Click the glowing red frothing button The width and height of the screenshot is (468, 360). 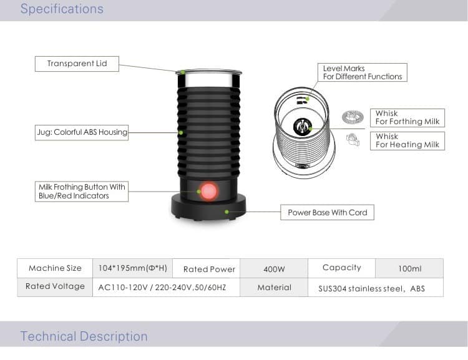click(208, 192)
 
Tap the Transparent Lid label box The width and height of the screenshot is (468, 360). click(77, 64)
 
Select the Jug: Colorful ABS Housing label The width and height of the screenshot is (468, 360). click(82, 132)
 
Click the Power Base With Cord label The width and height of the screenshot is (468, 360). click(327, 213)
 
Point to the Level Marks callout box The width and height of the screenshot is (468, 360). click(363, 72)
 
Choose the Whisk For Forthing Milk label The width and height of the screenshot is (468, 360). click(407, 118)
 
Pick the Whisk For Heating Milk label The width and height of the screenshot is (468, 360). click(407, 141)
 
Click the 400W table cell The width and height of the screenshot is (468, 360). click(274, 269)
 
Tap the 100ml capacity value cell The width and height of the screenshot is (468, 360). click(409, 269)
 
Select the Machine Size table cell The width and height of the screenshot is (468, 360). click(55, 268)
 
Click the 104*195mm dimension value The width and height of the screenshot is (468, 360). click(132, 268)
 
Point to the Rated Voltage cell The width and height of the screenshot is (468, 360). click(55, 287)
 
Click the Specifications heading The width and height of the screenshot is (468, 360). click(62, 9)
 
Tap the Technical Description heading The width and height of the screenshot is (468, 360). click(84, 336)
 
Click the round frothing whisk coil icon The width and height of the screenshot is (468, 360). click(353, 117)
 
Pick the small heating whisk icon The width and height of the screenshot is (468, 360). click(353, 139)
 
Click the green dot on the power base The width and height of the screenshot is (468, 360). click(227, 212)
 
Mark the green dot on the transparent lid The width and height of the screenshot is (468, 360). click(183, 72)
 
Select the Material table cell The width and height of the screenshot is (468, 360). click(274, 288)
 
